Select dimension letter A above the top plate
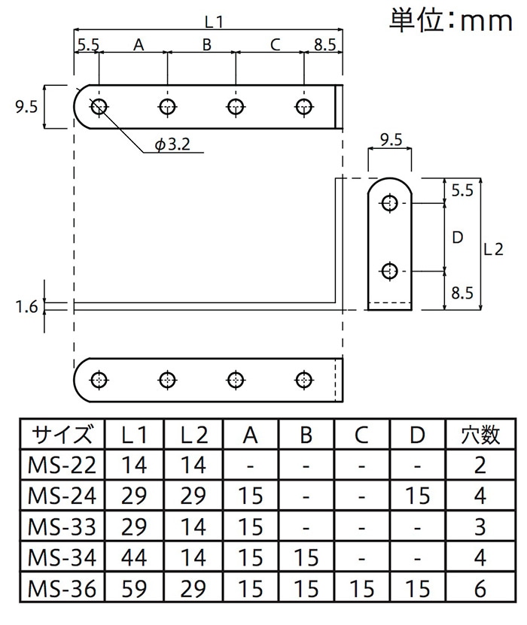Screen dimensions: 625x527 point(139,45)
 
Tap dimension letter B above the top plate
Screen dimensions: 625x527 point(207,45)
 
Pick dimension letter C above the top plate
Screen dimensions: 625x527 point(275,45)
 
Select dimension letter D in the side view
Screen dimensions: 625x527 point(456,238)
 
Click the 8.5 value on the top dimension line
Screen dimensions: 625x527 point(324,45)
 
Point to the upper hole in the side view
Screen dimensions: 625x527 point(389,203)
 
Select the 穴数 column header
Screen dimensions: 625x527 point(480,435)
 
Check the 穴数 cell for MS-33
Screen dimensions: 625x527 point(480,527)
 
